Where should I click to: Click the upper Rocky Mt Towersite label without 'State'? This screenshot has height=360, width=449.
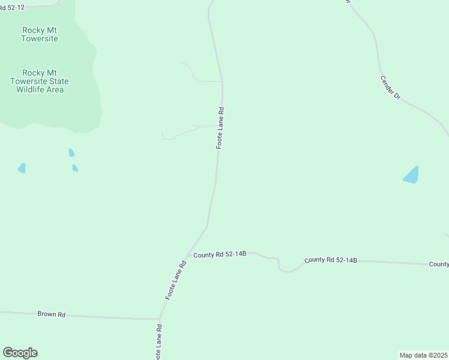click(40, 34)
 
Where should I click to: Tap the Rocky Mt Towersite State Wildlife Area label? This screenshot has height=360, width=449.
click(40, 81)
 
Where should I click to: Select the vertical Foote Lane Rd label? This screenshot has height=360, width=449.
click(220, 128)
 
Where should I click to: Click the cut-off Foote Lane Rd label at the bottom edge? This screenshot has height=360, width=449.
click(158, 343)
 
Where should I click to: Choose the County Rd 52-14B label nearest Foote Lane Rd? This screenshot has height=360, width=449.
click(220, 254)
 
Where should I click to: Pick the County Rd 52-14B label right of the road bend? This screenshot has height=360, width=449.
click(331, 260)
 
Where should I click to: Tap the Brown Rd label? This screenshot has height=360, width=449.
click(51, 314)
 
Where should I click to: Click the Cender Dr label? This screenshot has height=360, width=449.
click(390, 87)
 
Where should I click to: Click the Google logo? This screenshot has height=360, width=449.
click(20, 353)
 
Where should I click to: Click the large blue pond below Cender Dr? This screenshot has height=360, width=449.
click(412, 175)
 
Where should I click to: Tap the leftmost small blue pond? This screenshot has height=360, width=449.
click(22, 168)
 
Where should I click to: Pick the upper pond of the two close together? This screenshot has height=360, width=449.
click(71, 153)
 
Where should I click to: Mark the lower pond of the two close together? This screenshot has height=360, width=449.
click(75, 168)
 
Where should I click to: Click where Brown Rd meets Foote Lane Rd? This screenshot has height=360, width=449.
click(159, 319)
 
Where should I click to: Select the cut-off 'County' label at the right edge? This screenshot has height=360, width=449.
click(439, 264)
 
